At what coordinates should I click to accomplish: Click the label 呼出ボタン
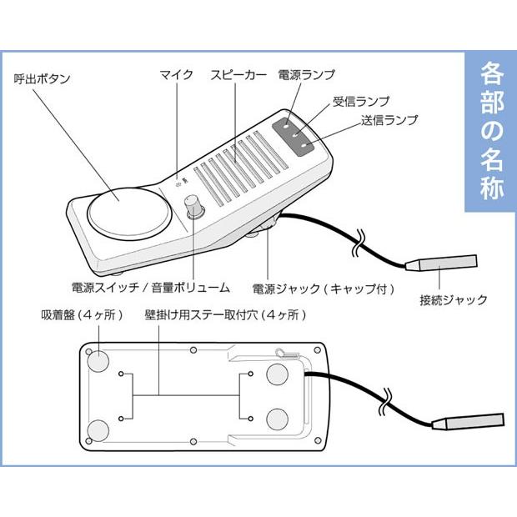[x=43, y=78]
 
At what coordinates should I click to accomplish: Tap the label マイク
[x=176, y=75]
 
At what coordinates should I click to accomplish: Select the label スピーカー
[x=238, y=75]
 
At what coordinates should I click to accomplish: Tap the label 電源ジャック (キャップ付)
[x=323, y=289]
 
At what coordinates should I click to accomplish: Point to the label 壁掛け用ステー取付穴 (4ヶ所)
[x=225, y=316]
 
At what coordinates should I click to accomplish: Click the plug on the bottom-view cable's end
[x=472, y=420]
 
